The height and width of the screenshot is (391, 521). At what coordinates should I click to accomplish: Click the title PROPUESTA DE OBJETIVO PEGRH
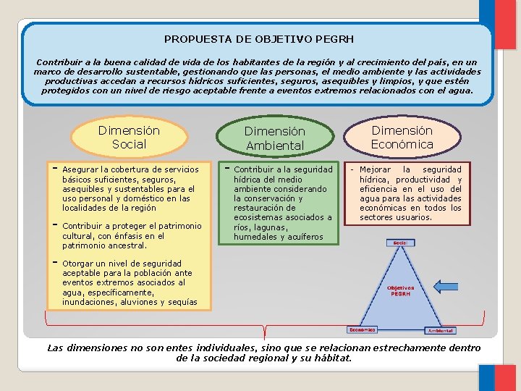(259, 39)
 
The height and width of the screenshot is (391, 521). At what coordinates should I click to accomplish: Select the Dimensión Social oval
(129, 138)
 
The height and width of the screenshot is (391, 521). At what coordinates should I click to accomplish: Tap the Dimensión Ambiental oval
(274, 138)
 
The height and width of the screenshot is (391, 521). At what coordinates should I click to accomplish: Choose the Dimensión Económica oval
(402, 137)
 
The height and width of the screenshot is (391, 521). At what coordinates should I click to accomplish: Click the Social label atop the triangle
(399, 243)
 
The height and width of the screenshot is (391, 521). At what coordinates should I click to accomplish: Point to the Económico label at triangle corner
(362, 329)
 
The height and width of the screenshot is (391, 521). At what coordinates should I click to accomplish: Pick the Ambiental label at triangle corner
(441, 331)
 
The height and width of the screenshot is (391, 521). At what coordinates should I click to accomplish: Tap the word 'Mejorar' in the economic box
(375, 169)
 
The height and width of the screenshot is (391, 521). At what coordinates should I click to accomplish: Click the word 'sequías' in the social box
(182, 302)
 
